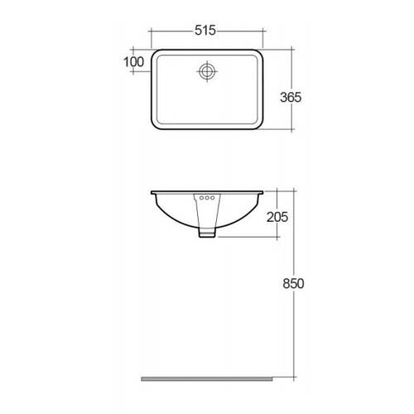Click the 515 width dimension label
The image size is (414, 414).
205,31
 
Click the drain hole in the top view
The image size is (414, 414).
206,71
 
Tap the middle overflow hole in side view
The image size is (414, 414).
206,199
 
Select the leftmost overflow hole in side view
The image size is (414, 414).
199,199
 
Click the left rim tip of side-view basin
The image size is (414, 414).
152,194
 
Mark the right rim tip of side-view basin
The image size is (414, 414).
262,194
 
